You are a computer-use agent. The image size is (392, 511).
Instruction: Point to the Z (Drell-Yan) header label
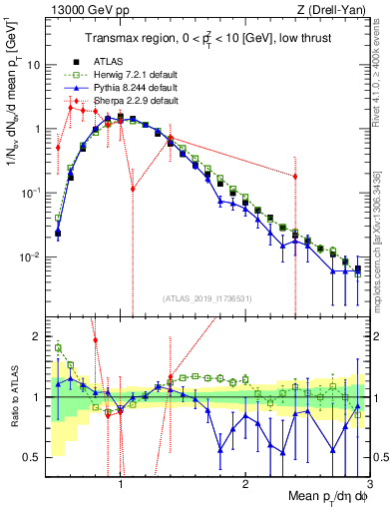(x=335, y=10)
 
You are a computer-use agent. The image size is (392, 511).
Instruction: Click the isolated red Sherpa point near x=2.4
(x=295, y=177)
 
